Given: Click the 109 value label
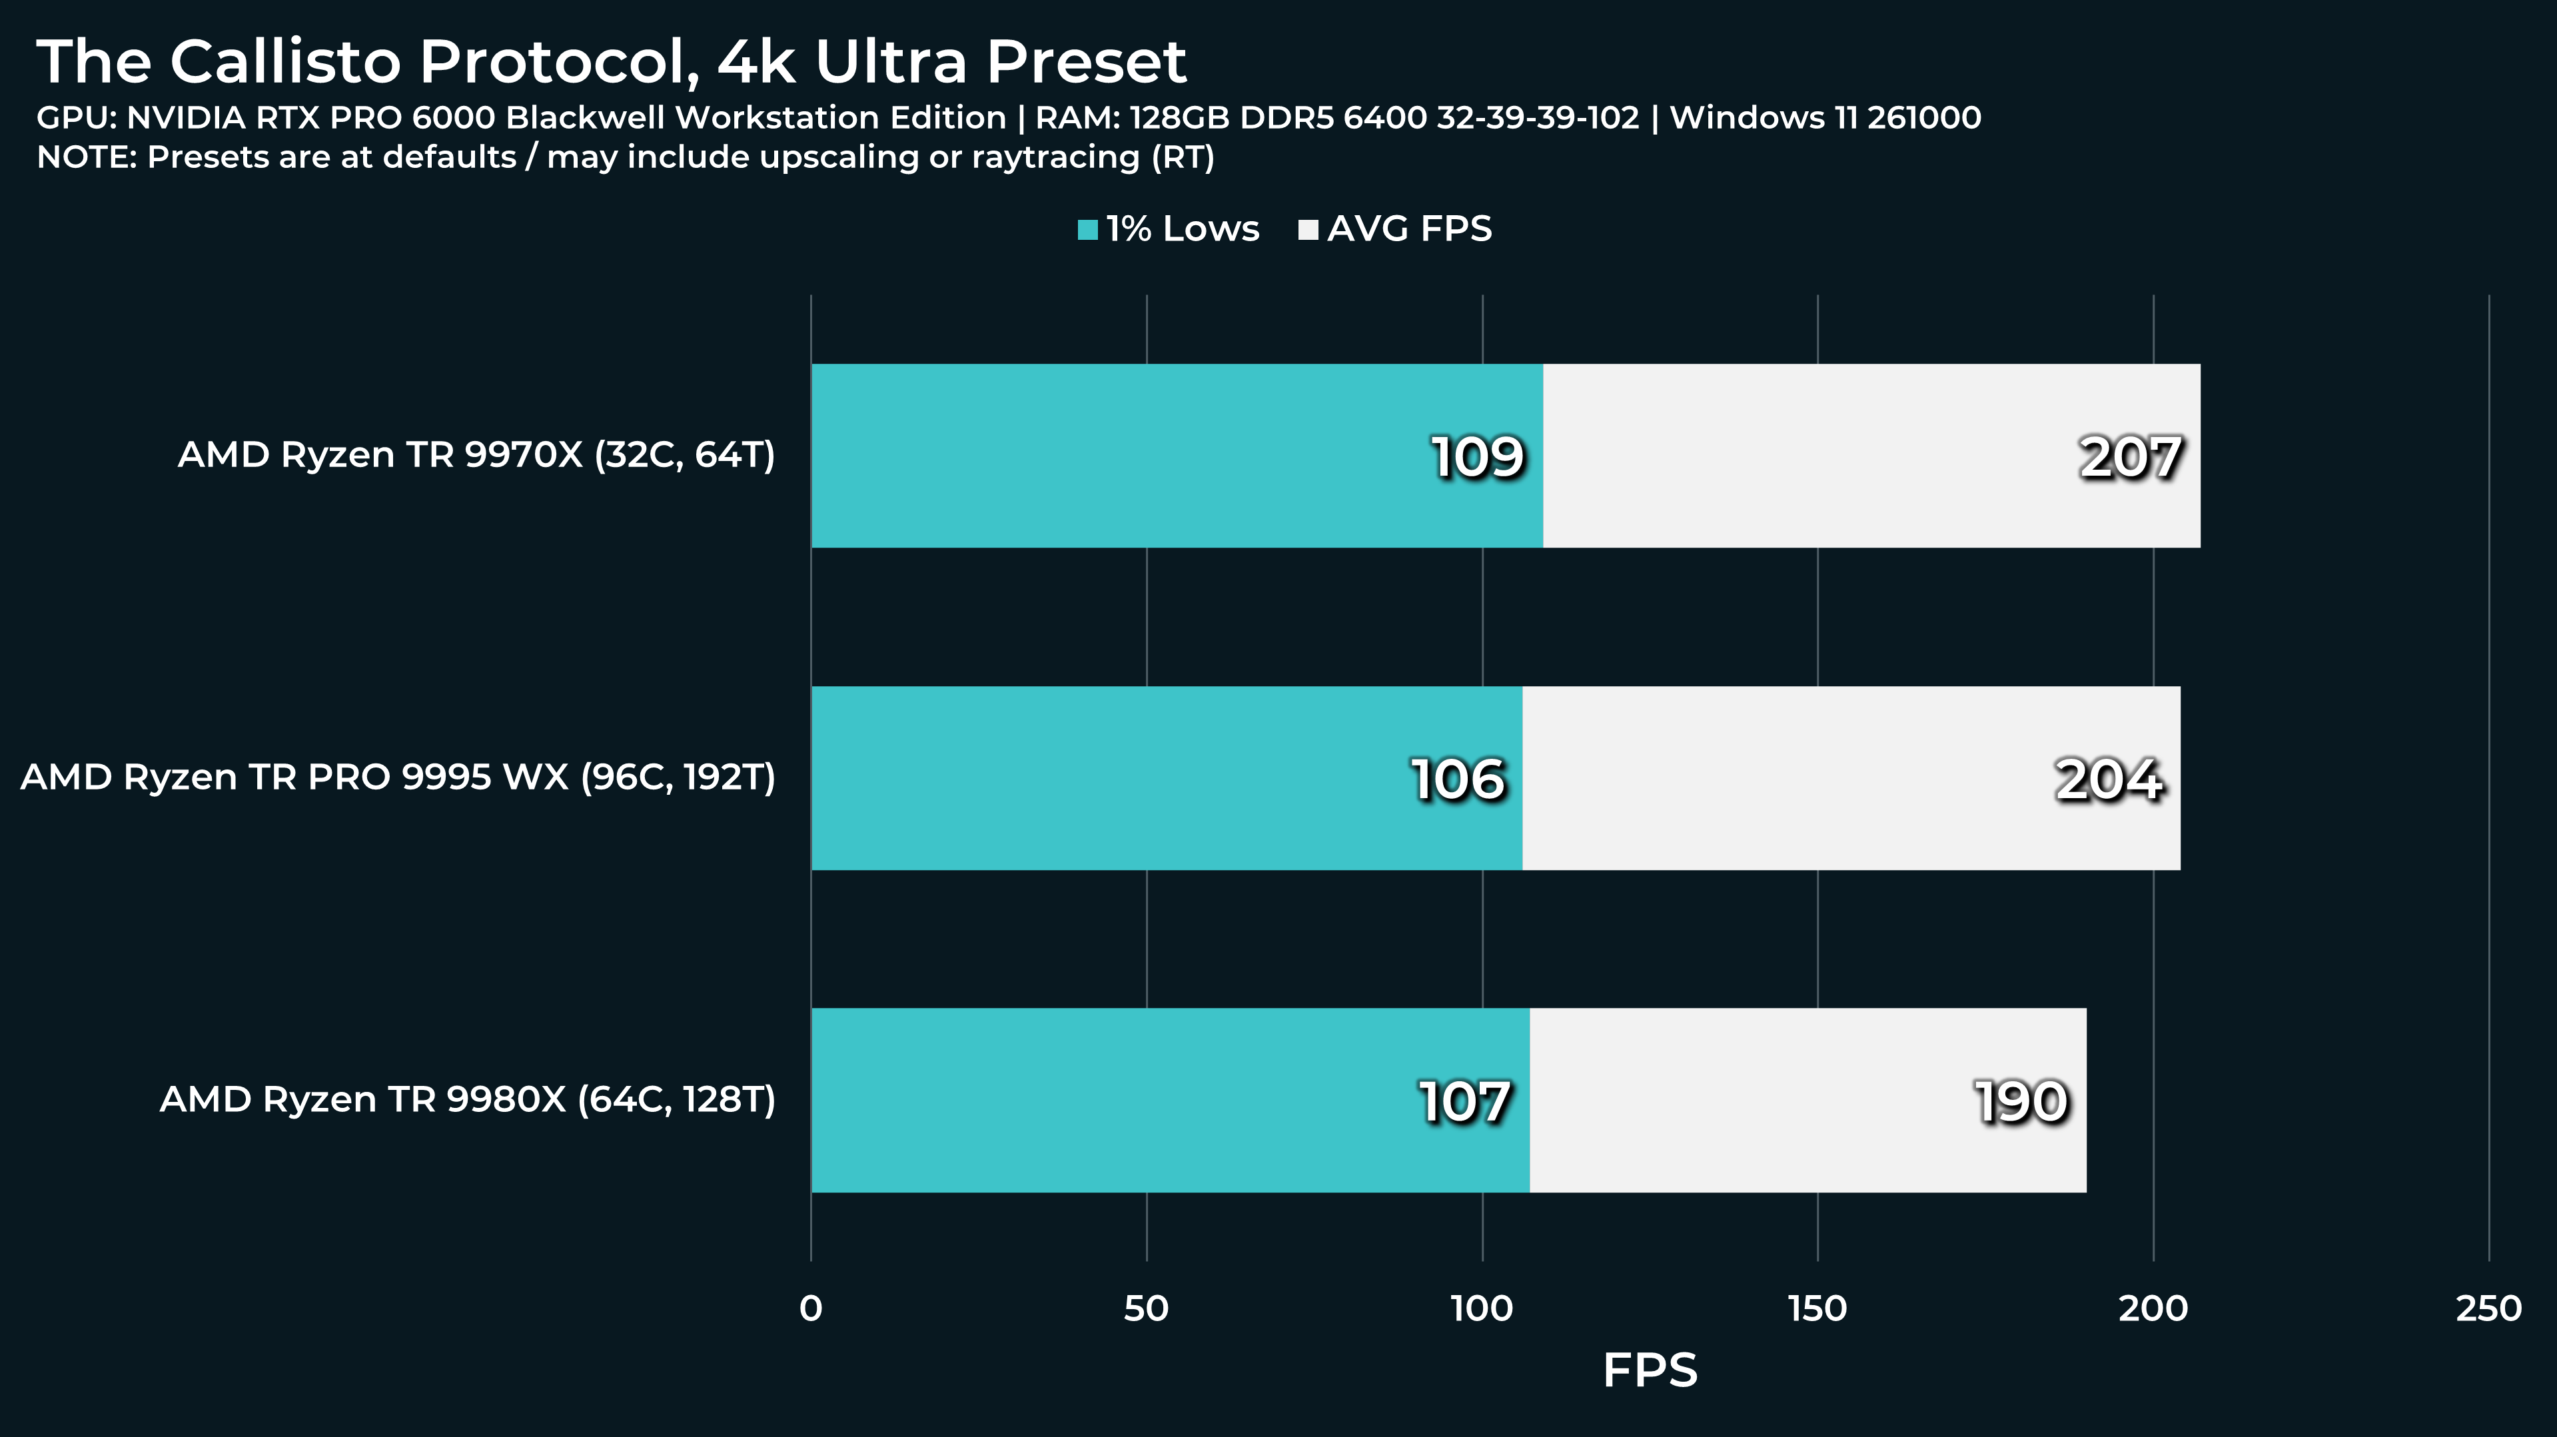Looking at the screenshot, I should pyautogui.click(x=1477, y=458).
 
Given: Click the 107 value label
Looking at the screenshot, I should pyautogui.click(x=1465, y=1102).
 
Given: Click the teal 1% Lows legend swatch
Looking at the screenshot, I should pyautogui.click(x=1088, y=231).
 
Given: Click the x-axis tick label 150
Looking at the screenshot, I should pyautogui.click(x=1817, y=1309).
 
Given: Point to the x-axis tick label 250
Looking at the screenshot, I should pyautogui.click(x=2488, y=1309).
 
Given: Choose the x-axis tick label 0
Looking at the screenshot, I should pyautogui.click(x=810, y=1309).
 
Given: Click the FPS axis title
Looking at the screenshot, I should pyautogui.click(x=1650, y=1370).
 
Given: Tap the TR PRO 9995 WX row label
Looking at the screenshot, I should pyautogui.click(x=397, y=777).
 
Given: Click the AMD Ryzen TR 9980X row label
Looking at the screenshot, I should pyautogui.click(x=466, y=1100).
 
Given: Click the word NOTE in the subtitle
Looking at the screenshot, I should pyautogui.click(x=85, y=158).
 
